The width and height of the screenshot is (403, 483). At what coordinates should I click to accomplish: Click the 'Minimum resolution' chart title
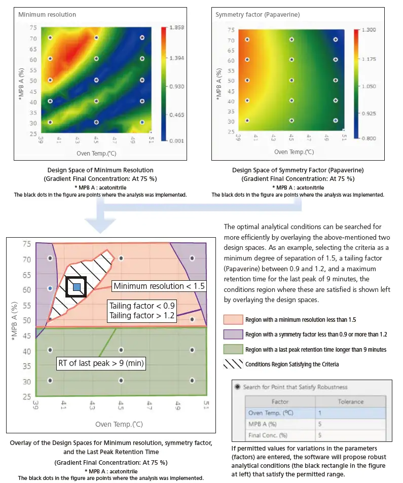[x=47, y=15]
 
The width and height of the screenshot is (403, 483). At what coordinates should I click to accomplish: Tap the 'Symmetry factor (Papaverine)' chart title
[x=258, y=15]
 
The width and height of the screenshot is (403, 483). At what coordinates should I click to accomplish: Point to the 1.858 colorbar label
[x=177, y=27]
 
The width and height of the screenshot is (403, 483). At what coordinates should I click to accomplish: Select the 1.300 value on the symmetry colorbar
[x=369, y=30]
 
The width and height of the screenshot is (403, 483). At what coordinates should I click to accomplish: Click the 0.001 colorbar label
[x=177, y=141]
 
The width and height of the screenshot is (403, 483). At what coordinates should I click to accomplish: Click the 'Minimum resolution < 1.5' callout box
[x=159, y=286]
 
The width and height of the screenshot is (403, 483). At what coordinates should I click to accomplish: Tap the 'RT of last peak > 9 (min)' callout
[x=101, y=363]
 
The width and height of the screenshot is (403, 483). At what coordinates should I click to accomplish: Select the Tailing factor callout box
[x=142, y=311]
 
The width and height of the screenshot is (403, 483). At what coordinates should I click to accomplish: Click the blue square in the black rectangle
[x=77, y=287]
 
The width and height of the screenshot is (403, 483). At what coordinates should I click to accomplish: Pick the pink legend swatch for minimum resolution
[x=233, y=320]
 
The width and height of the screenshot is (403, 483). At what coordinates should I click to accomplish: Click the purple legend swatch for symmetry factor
[x=233, y=335]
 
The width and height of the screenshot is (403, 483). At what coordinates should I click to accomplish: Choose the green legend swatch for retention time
[x=233, y=349]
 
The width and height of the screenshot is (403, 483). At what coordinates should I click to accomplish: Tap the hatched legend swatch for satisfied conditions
[x=233, y=364]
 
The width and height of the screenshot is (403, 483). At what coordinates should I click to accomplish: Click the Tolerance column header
[x=351, y=402]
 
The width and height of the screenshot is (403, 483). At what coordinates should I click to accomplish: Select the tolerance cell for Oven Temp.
[x=351, y=413]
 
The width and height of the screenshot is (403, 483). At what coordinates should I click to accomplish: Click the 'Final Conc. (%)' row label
[x=268, y=435]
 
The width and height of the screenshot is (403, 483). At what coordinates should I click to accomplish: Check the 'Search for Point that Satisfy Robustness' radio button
[x=237, y=387]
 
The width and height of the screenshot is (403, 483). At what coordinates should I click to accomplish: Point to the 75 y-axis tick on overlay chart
[x=27, y=244]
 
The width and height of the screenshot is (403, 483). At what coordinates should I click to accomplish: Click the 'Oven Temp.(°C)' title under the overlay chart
[x=119, y=424]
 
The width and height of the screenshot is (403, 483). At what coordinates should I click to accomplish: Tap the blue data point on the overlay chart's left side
[x=50, y=288]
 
